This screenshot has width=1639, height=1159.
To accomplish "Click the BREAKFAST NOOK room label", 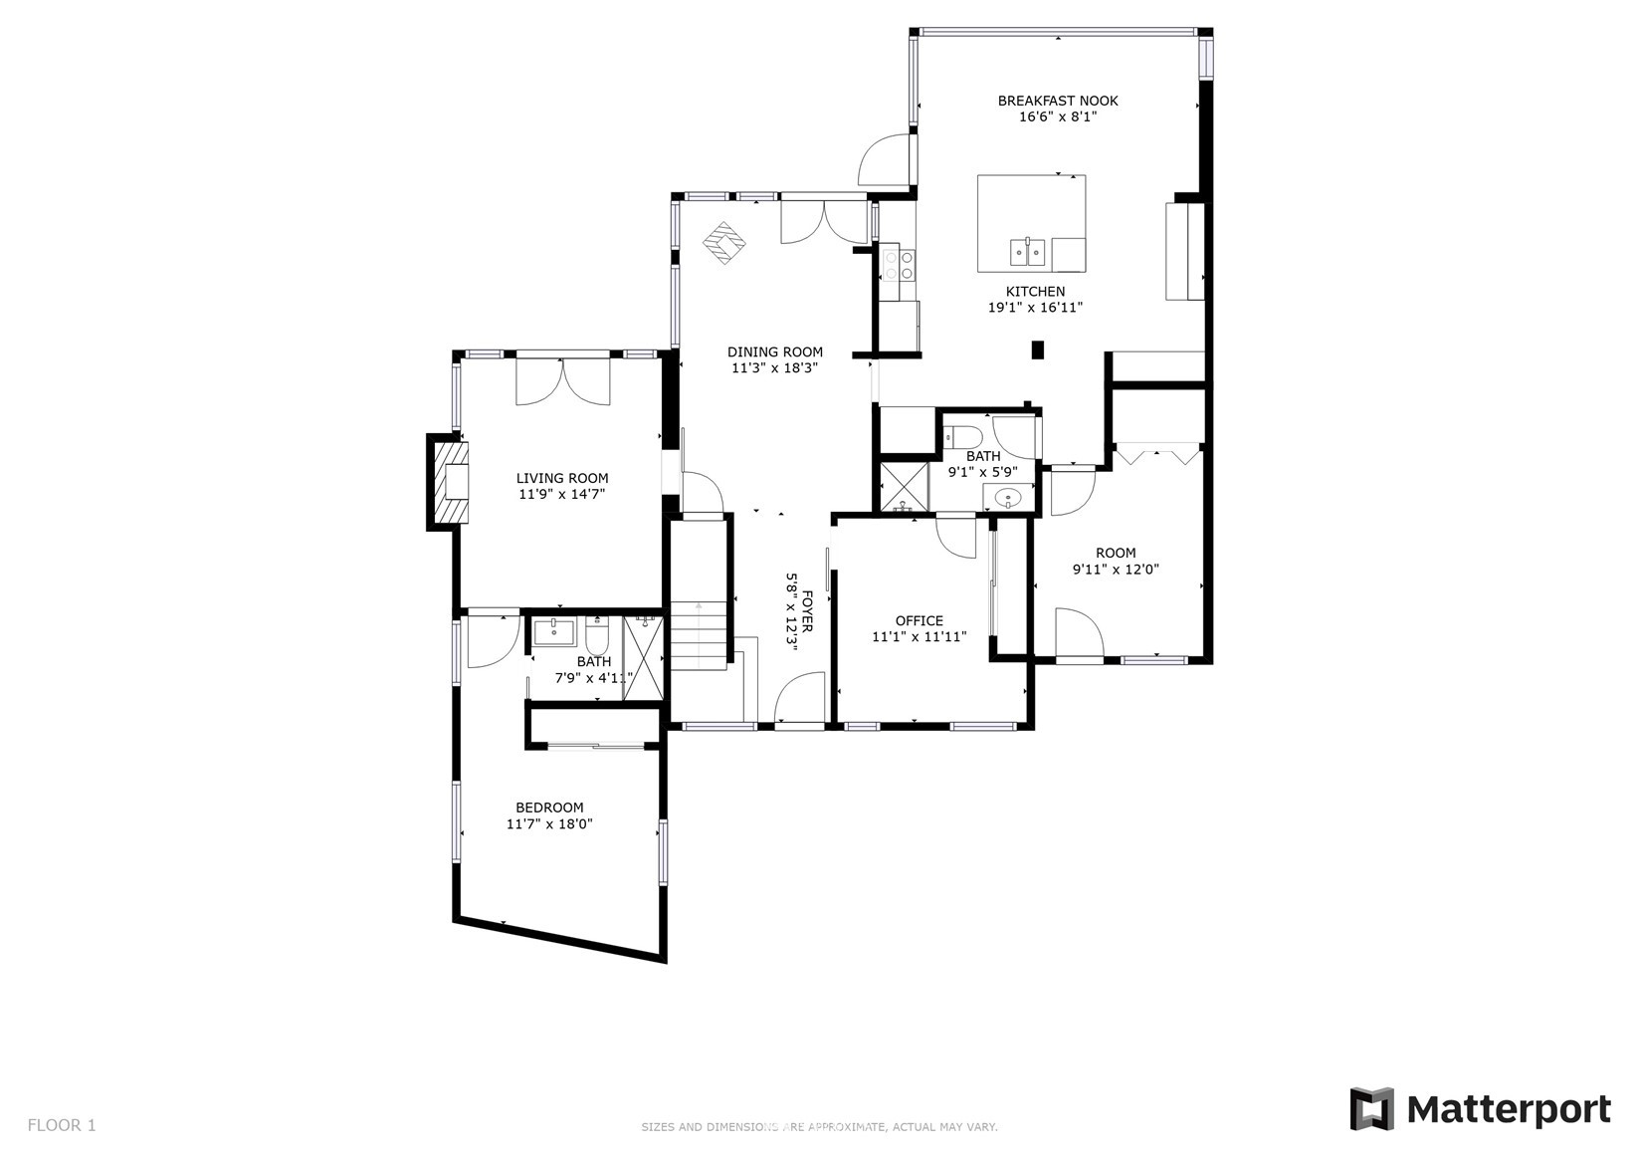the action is coord(1058,101).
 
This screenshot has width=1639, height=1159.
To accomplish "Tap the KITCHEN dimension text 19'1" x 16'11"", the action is coord(1035,308).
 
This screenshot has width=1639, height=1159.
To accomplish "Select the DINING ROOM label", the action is coord(775,352).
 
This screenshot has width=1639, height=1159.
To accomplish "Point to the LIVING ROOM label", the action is coord(562,478).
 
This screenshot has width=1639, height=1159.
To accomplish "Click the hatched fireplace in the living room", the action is coord(448,482).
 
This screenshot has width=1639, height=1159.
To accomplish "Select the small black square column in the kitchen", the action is coord(1038,349).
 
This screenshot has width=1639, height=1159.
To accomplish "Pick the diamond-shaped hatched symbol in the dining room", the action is coord(724,243).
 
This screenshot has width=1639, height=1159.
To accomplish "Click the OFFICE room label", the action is coord(919,621).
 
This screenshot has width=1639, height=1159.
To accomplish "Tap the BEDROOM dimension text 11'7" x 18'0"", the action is coord(549,823).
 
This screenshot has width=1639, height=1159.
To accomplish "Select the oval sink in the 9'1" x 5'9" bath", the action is coord(1008,498).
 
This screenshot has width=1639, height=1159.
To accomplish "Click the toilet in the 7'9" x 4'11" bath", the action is coord(597,636).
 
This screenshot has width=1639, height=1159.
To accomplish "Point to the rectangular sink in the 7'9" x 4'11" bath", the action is coord(554,631).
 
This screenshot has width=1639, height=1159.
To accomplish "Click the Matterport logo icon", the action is coord(1372,1109).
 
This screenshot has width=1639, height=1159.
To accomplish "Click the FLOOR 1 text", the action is coord(62,1125).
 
